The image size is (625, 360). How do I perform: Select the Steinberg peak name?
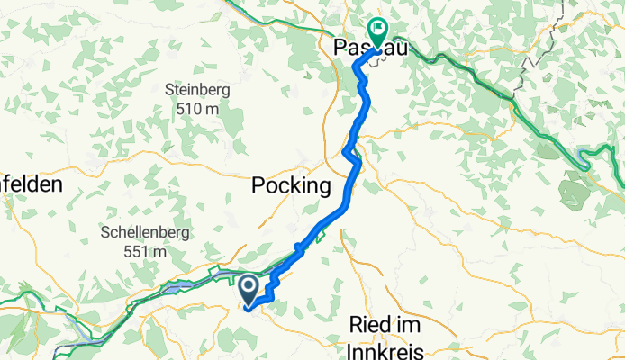pos(197,90)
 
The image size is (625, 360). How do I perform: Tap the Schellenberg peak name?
pos(146,232)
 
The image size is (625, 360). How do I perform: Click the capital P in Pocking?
pos(258,186)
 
